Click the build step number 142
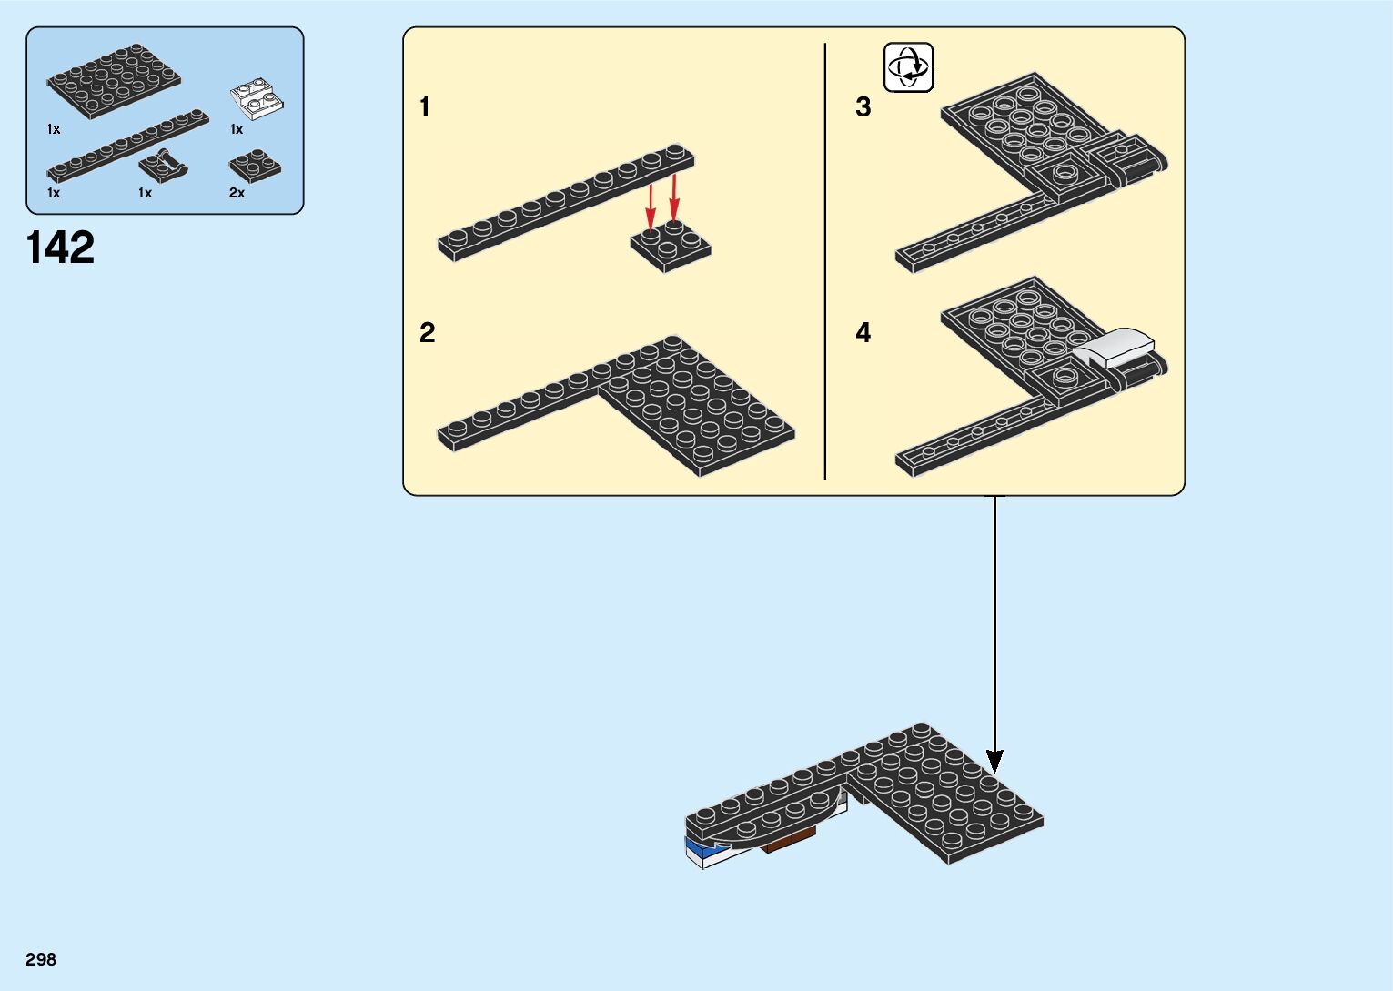[61, 248]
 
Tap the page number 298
[41, 959]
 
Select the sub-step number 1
[424, 107]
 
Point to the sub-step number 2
[427, 333]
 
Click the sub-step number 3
[863, 107]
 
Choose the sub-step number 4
[863, 333]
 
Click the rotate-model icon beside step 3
[909, 67]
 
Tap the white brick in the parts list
[257, 100]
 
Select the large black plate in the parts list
[114, 81]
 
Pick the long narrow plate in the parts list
[127, 145]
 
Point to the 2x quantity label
[237, 193]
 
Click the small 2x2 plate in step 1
[671, 247]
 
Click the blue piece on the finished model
[698, 851]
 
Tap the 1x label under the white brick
[237, 129]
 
